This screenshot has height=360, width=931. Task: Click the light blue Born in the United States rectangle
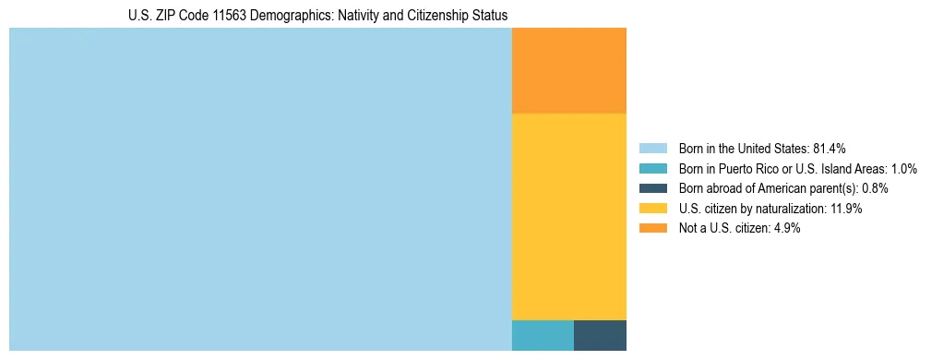coord(260,189)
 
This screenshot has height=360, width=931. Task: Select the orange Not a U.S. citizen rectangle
coord(569,70)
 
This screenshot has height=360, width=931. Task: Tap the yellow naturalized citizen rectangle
coord(569,216)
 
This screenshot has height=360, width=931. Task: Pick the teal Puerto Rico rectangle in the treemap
coord(543,335)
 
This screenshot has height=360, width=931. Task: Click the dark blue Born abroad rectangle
coord(600,335)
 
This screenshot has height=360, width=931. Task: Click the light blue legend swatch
coord(653,149)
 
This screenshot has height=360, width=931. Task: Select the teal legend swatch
coord(653,169)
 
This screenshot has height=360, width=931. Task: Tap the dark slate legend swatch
coord(653,188)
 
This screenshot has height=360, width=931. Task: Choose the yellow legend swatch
coord(653,209)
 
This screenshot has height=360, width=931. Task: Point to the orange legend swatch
coord(653,229)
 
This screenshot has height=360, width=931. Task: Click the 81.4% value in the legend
coord(830,149)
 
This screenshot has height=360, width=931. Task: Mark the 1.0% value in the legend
coord(903,169)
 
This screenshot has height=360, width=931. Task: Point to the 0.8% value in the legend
coord(875,188)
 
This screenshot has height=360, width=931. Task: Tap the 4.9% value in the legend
coord(784,229)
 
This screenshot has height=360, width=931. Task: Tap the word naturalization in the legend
coord(792,209)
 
